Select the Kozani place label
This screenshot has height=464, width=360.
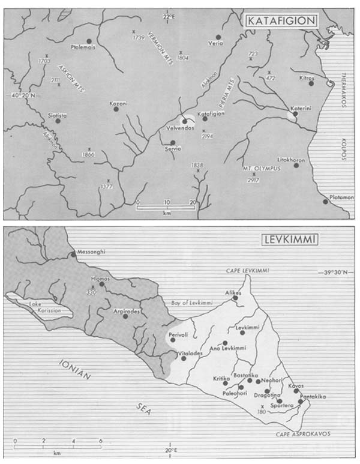118,103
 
